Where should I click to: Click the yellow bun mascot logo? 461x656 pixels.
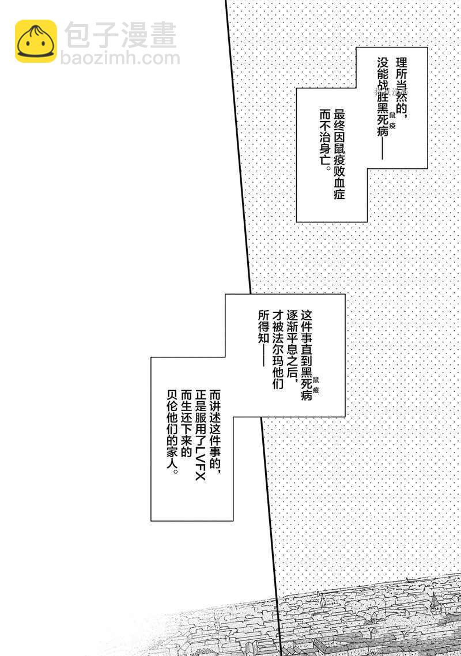pyautogui.click(x=36, y=41)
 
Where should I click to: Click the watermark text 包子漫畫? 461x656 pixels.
pyautogui.click(x=120, y=36)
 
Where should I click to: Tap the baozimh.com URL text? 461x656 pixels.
pyautogui.click(x=120, y=58)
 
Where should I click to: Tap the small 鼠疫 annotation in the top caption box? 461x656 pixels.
pyautogui.click(x=392, y=122)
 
